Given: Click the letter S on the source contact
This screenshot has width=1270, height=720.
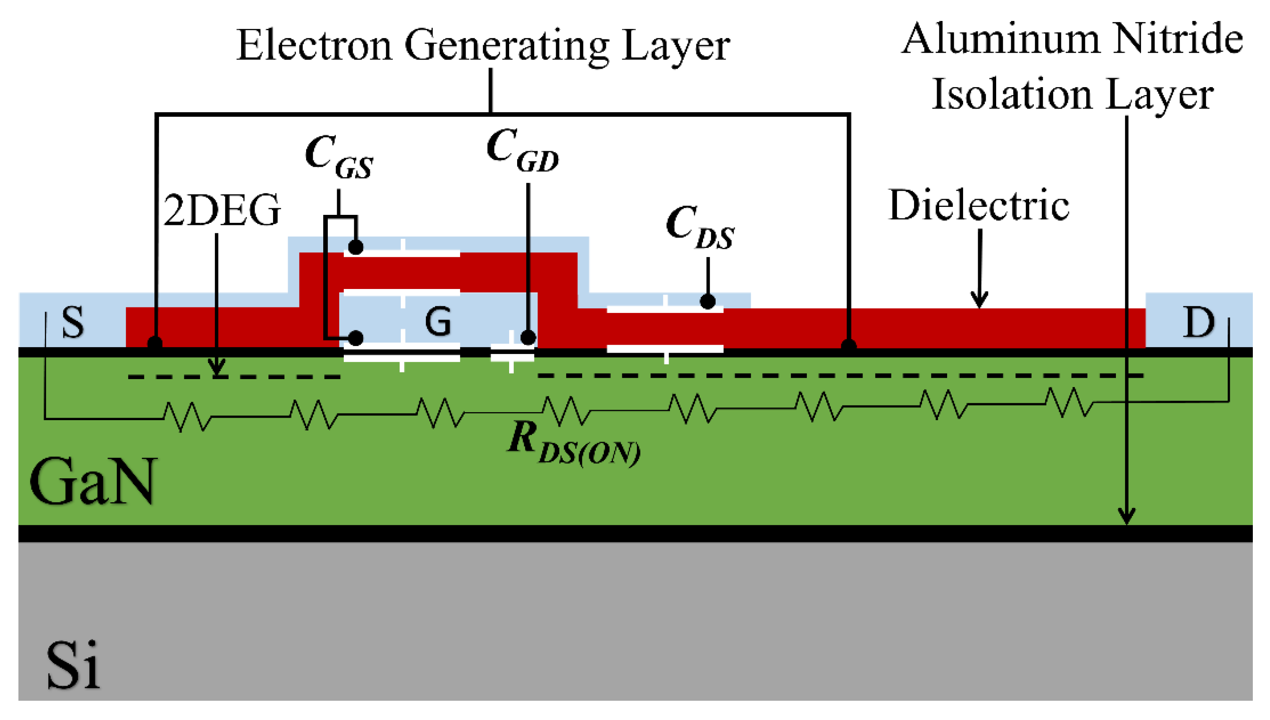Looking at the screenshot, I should [73, 322].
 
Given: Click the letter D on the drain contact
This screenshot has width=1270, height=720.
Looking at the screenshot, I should [1198, 322].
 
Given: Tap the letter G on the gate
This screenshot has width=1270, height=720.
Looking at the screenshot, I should [438, 321].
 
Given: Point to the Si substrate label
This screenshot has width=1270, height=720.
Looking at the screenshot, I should [73, 665].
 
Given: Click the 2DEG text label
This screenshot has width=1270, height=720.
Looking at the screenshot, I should [222, 210].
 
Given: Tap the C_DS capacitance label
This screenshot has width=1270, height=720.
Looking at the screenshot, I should [700, 227].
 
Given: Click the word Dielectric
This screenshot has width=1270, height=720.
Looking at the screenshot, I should [979, 205].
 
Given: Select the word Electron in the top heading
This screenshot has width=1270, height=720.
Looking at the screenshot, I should [314, 46].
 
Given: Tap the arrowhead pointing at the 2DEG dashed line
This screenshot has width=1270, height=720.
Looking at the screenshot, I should [216, 369].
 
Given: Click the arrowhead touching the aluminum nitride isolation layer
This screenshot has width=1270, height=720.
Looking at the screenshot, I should [1127, 517].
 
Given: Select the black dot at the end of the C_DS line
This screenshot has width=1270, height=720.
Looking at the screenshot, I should [708, 301].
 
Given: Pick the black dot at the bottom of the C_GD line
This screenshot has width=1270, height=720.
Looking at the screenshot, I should [528, 338].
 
